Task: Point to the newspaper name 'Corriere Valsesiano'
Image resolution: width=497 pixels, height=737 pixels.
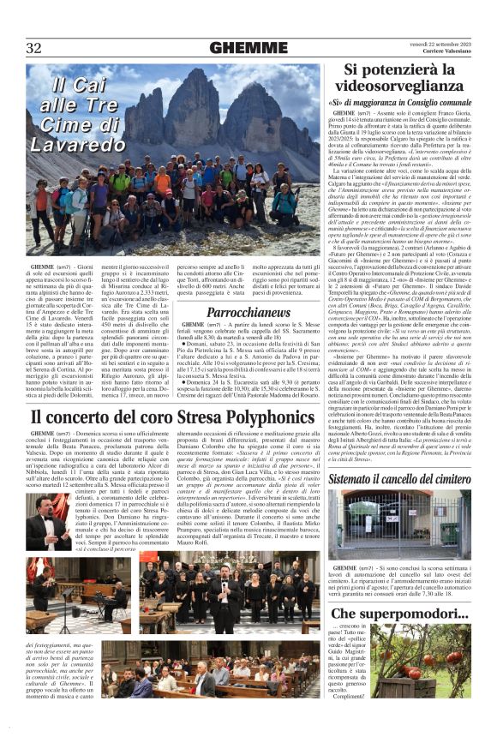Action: (x=446, y=52)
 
